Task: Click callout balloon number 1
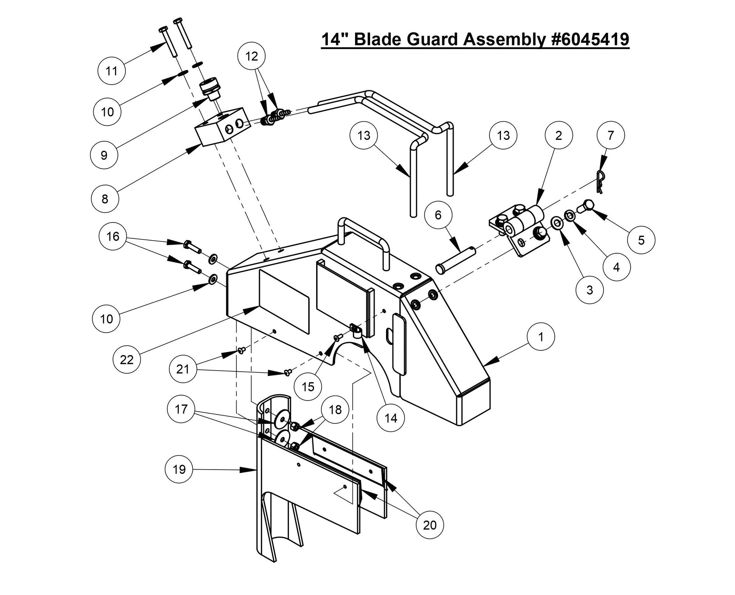540,337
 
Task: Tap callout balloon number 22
127,359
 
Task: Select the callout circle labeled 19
179,469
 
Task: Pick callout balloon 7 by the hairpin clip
610,135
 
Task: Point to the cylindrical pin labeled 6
456,259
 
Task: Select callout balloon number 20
430,525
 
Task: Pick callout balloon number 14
391,418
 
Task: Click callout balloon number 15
308,386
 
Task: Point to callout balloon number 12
252,56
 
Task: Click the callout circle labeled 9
104,155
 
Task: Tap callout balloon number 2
558,135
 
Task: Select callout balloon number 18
335,410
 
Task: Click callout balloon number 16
113,236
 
